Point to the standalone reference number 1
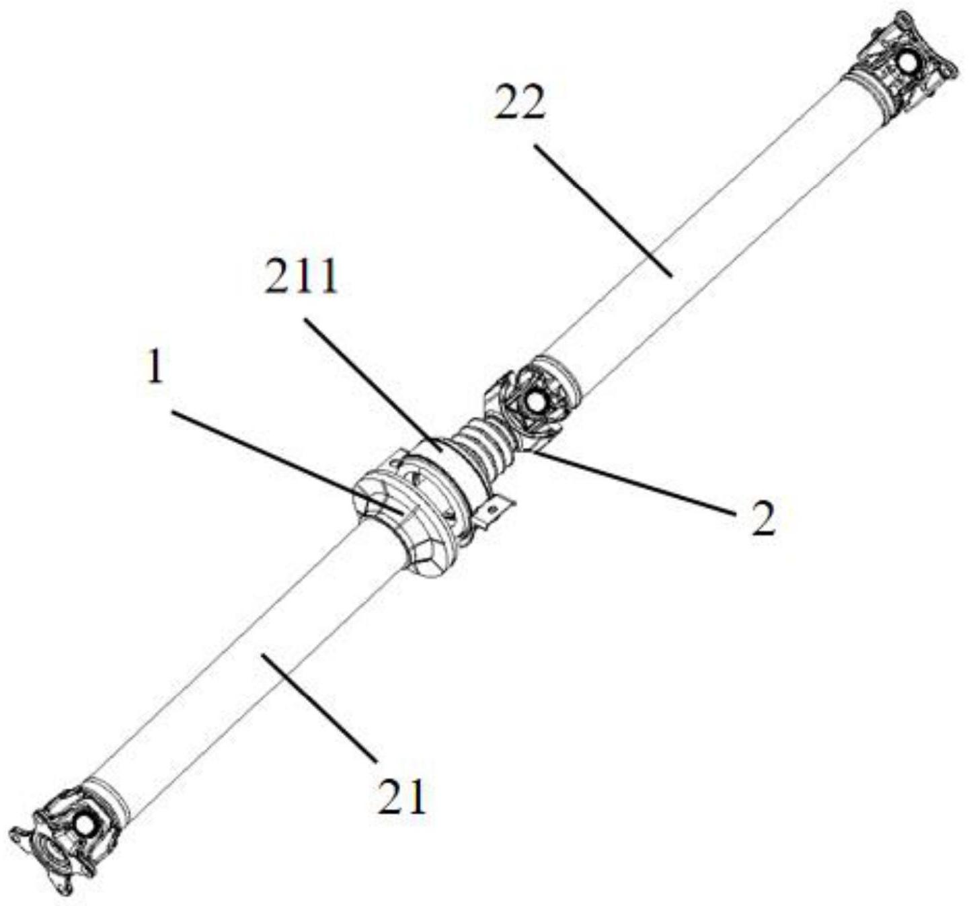point(155,368)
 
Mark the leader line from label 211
point(370,380)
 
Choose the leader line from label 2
point(632,483)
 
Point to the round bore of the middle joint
point(535,401)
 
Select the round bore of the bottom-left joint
point(85,825)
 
